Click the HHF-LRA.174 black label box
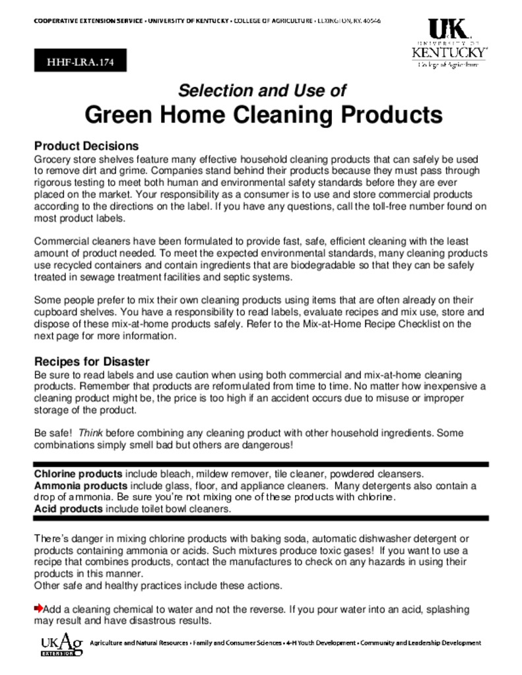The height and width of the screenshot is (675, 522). [80, 63]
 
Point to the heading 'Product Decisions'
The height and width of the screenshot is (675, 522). [86, 146]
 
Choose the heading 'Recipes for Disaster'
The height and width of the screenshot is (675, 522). [92, 362]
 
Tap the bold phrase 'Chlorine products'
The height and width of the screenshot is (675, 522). [78, 475]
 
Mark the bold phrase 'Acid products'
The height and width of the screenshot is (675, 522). [69, 510]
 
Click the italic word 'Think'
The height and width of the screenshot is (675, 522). [90, 433]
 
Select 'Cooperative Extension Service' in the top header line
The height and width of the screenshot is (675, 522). [88, 22]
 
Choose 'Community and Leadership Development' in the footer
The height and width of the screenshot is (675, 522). [420, 643]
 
